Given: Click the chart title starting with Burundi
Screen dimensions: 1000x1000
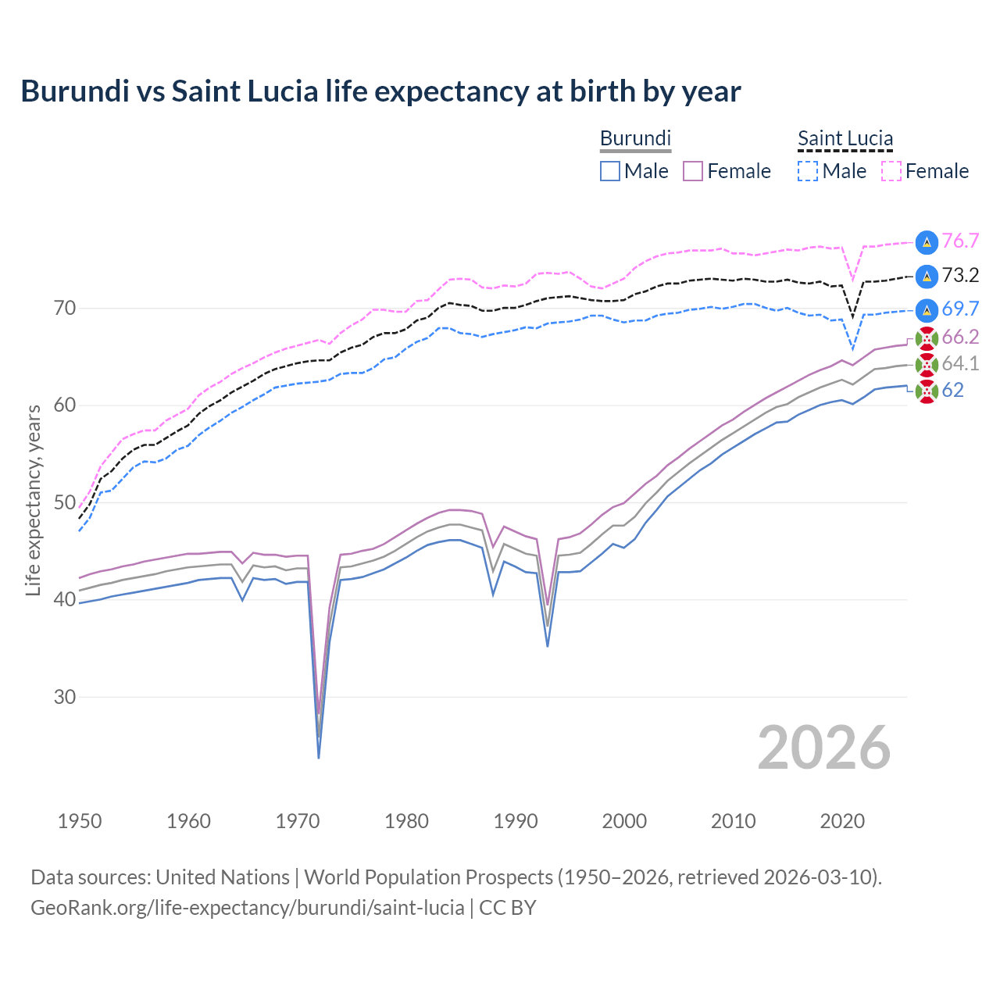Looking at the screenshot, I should pos(380,91).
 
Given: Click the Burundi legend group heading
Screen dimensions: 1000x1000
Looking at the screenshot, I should pos(635,138).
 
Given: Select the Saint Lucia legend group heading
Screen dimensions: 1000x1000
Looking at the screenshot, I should pos(845,138).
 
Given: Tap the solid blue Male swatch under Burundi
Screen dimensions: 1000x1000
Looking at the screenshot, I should pos(610,171).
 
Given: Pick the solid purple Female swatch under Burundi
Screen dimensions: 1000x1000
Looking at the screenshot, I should pos(693,171).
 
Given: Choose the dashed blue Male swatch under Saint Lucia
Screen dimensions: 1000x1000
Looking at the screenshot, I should pos(808,171).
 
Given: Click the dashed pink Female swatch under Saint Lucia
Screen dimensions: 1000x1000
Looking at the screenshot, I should pos(891,171).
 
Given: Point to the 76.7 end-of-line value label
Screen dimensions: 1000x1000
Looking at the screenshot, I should pos(960,241).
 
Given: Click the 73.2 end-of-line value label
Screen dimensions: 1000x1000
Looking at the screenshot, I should pos(960,275).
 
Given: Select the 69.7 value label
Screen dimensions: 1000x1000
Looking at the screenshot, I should pos(960,309).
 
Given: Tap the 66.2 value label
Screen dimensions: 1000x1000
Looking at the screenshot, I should pos(960,337).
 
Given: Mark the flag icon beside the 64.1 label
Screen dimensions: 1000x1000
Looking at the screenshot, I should pos(927,364).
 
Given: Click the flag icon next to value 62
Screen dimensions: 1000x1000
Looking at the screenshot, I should pos(927,391).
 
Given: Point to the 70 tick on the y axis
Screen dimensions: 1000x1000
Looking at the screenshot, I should pos(65,309).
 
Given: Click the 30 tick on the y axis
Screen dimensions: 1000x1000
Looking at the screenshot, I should pos(65,697).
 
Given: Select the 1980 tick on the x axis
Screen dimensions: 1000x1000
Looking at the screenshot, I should pos(406,821).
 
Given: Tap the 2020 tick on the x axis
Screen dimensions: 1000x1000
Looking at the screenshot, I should pos(842,821).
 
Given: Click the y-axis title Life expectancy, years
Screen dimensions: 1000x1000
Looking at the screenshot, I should pos(34,500).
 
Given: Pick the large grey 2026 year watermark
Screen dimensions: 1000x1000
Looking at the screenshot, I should pos(823,748).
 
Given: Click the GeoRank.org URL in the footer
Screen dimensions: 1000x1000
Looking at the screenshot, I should pos(248,908).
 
